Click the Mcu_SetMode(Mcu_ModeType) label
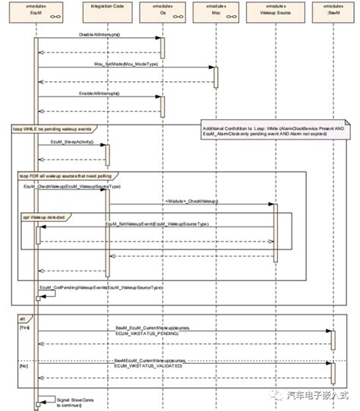(125, 65)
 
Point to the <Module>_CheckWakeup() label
(191, 201)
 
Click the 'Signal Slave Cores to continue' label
(73, 400)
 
